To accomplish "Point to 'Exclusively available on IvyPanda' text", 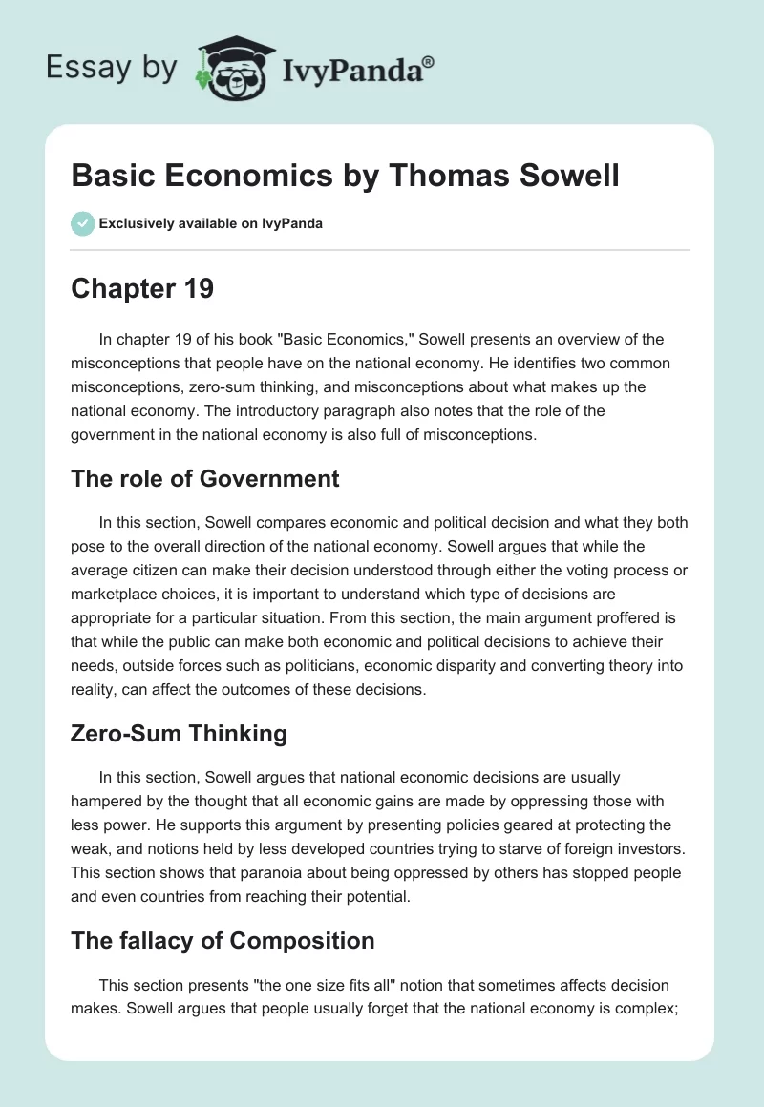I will pos(210,224).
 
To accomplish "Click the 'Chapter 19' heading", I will pos(141,289).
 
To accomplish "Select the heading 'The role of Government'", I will pos(204,478).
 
